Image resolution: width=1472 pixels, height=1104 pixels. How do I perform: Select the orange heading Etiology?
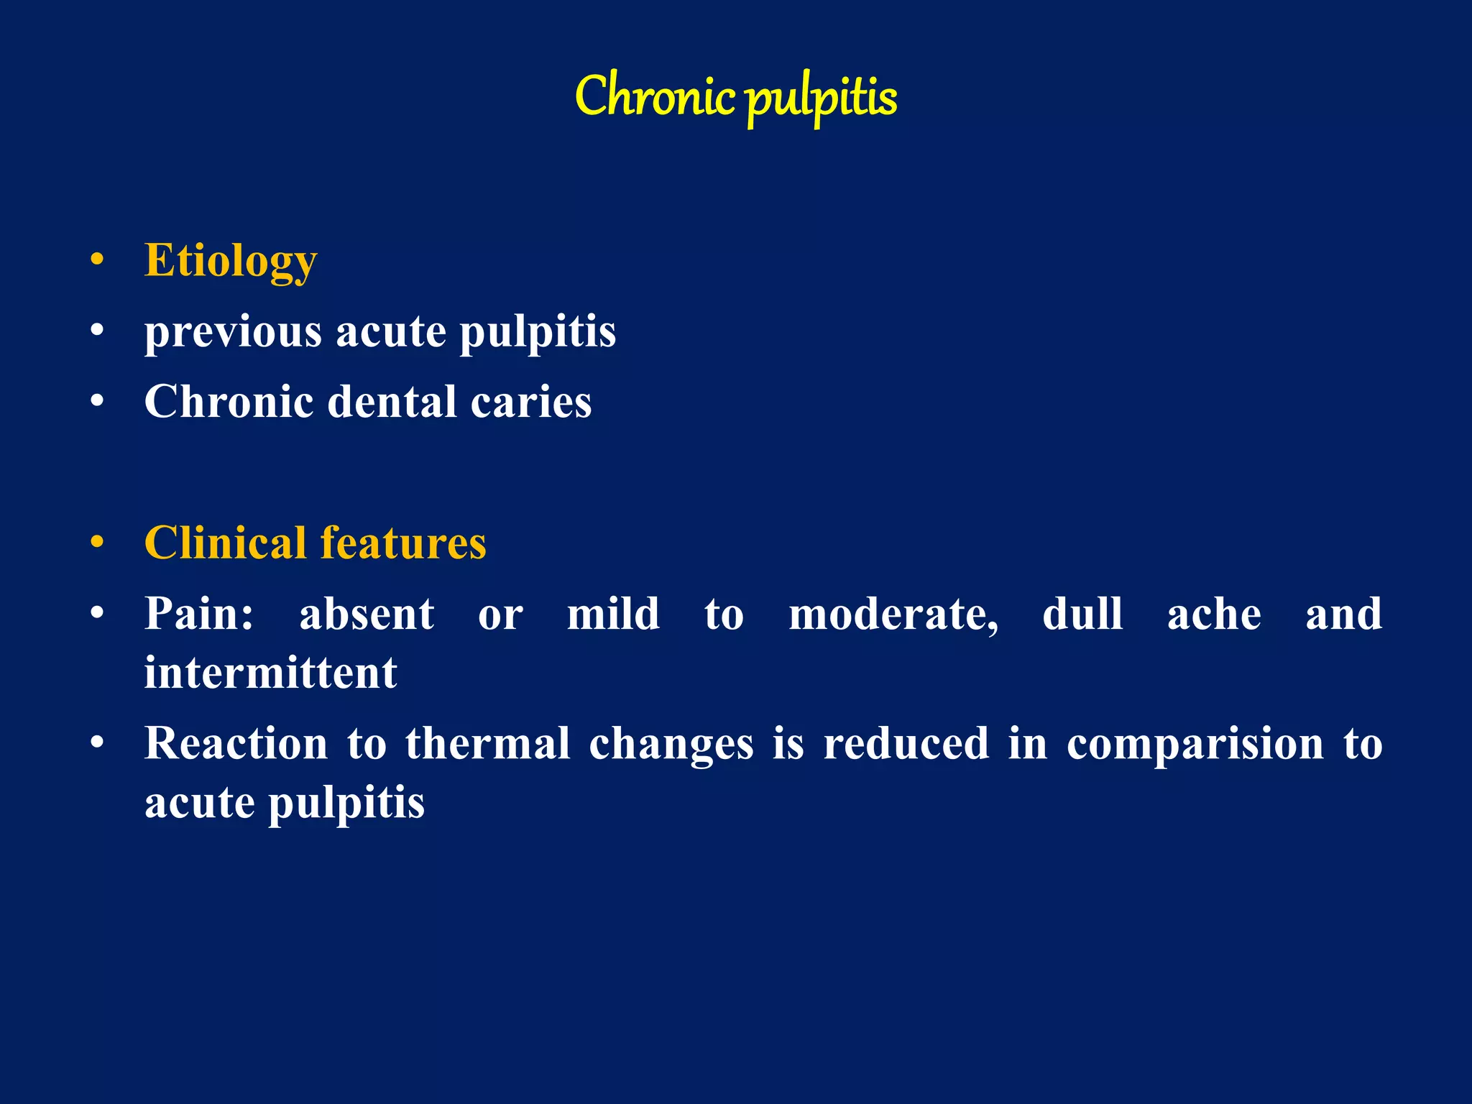click(x=230, y=260)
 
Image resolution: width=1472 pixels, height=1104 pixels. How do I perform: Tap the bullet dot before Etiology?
click(x=97, y=259)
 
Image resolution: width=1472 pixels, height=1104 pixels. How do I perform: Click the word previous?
click(x=233, y=332)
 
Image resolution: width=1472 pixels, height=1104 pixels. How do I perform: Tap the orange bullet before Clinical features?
click(x=97, y=542)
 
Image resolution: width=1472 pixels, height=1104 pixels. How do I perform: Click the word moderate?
click(x=893, y=615)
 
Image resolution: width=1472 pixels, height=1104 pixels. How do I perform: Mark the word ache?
click(x=1214, y=615)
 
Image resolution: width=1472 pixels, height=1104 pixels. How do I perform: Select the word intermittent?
click(x=270, y=673)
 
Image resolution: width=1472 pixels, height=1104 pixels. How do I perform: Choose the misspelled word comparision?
click(x=1195, y=744)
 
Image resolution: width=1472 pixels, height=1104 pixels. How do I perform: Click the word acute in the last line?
click(x=199, y=802)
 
